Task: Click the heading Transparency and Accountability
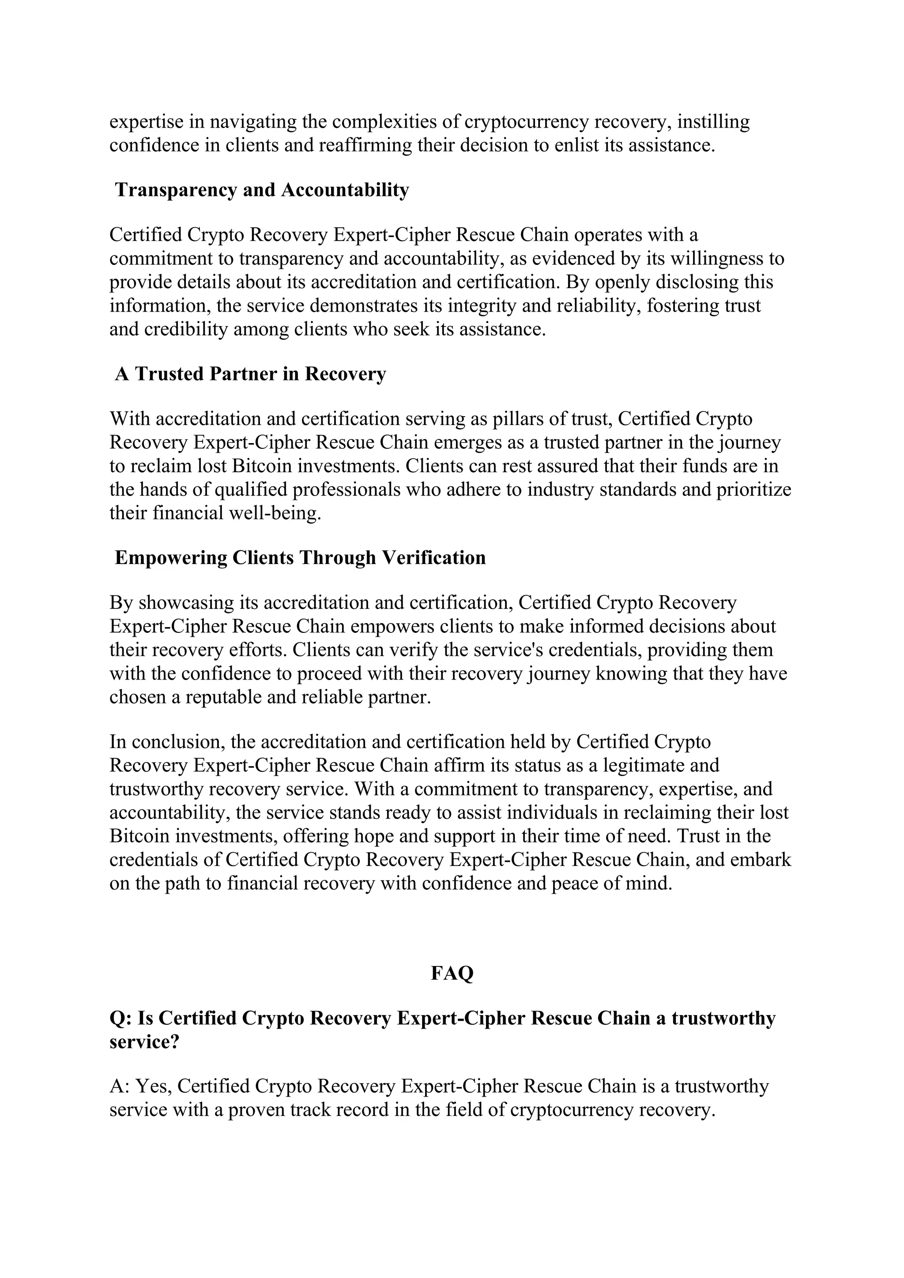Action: pos(262,190)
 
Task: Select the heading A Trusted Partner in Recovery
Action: pos(250,374)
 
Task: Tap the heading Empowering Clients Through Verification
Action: pos(300,558)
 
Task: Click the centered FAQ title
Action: pos(452,973)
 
